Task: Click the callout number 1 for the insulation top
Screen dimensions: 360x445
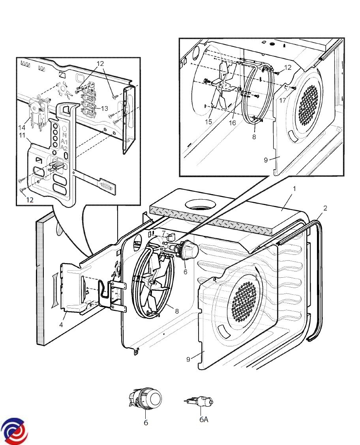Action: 294,189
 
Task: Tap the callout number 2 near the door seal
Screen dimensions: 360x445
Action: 325,208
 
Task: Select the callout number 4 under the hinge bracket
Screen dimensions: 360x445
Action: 61,325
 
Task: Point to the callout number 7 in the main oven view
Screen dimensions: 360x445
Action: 163,233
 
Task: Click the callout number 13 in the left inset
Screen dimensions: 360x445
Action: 104,108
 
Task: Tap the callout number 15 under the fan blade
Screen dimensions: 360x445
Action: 208,122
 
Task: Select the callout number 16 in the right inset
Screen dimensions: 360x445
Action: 232,123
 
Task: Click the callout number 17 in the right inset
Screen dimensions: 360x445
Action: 283,101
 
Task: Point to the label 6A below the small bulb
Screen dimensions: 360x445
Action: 204,419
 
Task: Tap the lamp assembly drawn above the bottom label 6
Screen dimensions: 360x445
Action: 145,398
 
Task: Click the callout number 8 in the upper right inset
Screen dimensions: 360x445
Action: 254,136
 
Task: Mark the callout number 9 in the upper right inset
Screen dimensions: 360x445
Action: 266,160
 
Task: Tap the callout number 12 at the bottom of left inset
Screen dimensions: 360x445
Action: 30,200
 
